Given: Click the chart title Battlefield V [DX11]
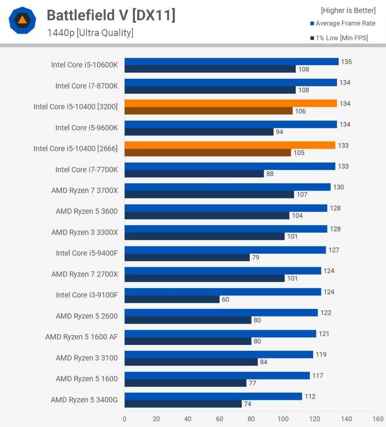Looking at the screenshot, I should click(x=111, y=15).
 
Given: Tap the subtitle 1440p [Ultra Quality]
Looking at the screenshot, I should click(x=90, y=33).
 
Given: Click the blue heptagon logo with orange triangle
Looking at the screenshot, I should click(x=22, y=20).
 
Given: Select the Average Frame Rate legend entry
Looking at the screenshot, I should click(x=345, y=23).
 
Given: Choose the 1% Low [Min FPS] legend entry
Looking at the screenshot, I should click(x=341, y=38).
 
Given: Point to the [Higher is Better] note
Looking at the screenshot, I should click(x=348, y=10).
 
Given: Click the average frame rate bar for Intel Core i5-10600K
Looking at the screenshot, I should click(x=231, y=62).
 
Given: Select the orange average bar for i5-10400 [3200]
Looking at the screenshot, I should click(x=230, y=103).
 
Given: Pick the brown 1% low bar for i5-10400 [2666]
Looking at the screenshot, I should click(x=207, y=153).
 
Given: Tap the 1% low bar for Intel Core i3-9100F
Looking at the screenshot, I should click(x=172, y=299).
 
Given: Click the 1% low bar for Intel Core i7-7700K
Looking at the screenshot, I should click(x=194, y=173).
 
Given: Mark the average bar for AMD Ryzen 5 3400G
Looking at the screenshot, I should click(x=213, y=396).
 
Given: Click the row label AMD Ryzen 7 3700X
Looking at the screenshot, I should click(x=85, y=190).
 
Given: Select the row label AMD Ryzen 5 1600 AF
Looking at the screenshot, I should click(x=82, y=337).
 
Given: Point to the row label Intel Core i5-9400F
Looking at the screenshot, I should click(x=87, y=253).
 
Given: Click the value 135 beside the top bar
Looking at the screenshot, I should click(x=346, y=62).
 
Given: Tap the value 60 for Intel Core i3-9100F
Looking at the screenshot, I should click(x=225, y=299).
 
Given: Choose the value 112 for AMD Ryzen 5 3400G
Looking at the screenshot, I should click(x=310, y=396).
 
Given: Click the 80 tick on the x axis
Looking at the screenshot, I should click(x=251, y=418).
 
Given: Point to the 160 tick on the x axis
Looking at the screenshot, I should click(x=378, y=418).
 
